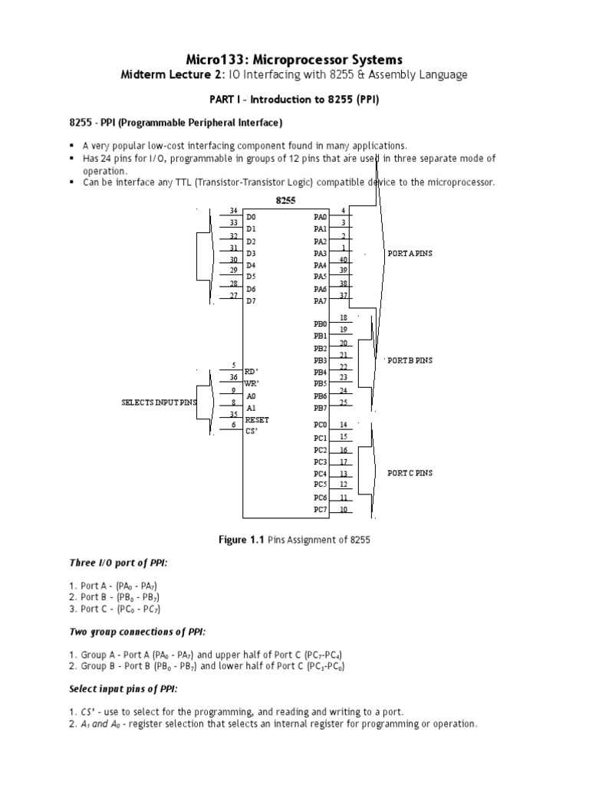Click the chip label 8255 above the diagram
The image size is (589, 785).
tap(285, 200)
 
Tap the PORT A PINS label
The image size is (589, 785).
tap(410, 253)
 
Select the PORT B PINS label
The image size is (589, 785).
tap(410, 360)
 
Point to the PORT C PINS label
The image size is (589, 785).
tap(410, 473)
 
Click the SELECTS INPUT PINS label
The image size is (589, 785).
tap(160, 402)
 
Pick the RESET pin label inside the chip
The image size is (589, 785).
tap(257, 420)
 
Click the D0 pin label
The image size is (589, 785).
tap(251, 218)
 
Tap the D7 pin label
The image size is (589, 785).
tap(251, 301)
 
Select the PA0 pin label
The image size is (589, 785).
tap(320, 218)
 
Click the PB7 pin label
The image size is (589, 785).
tap(320, 408)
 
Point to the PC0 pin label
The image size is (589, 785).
tap(320, 425)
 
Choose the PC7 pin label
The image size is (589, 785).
tap(320, 509)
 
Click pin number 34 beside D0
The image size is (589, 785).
tap(233, 211)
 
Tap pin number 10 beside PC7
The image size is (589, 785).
tap(344, 509)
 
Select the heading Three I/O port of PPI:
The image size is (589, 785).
tap(118, 563)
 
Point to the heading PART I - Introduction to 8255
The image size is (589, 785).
tap(294, 100)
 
